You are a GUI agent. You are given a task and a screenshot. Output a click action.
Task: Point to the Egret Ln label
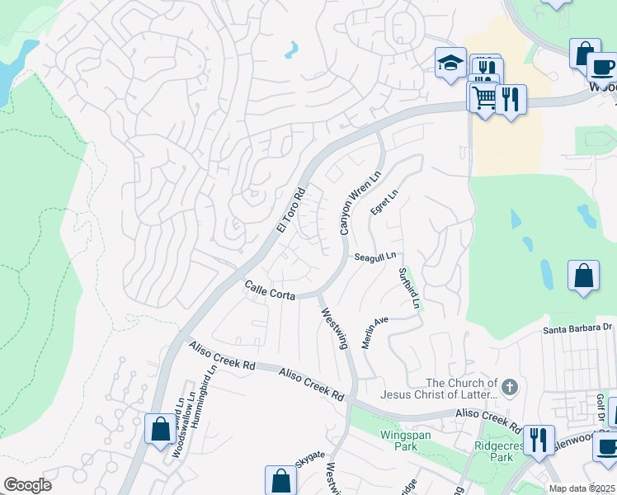click(384, 202)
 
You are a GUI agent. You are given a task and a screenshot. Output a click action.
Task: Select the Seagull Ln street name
click(376, 257)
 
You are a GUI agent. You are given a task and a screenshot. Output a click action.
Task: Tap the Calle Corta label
click(269, 288)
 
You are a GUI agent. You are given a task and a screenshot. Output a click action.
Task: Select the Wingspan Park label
click(401, 440)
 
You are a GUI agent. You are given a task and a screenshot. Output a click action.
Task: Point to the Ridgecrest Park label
click(495, 450)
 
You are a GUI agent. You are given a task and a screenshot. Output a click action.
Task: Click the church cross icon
click(510, 386)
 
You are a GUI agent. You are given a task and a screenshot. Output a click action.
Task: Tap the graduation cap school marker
click(450, 62)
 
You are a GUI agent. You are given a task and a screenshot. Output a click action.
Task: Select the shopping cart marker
click(483, 97)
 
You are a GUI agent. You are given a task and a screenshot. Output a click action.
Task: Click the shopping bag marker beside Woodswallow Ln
click(159, 429)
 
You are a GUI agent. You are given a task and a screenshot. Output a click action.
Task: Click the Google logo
click(27, 485)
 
